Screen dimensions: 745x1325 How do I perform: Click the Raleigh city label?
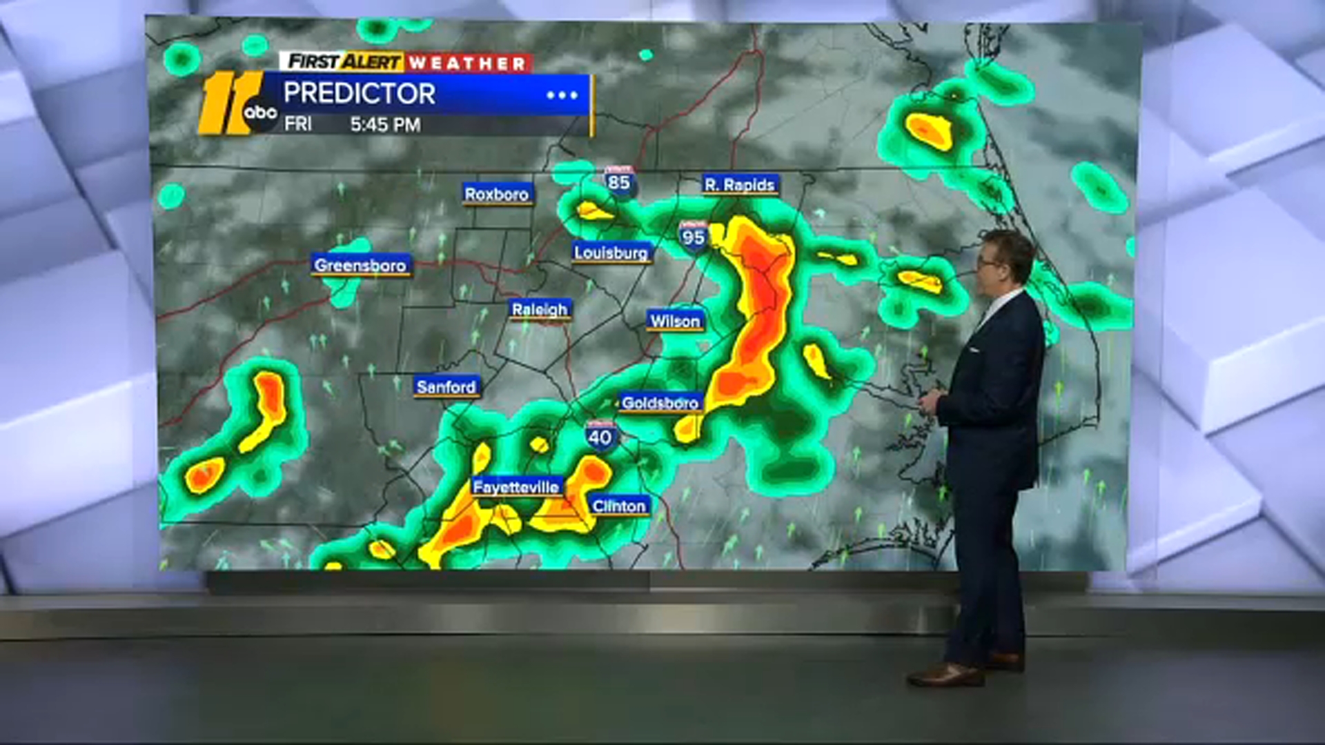click(540, 310)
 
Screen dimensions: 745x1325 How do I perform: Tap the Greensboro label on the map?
click(360, 265)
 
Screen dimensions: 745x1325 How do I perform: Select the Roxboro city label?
click(497, 195)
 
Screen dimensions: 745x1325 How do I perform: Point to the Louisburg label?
click(611, 252)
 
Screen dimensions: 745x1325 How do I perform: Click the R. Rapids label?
click(740, 185)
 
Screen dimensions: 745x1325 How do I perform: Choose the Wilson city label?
click(675, 321)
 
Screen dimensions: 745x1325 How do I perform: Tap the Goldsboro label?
click(660, 402)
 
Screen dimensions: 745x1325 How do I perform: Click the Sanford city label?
click(446, 387)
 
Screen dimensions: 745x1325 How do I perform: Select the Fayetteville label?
click(516, 487)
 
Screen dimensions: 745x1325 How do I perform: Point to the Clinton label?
click(619, 506)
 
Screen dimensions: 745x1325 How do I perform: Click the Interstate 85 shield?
click(619, 181)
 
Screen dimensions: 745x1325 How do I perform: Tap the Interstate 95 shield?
click(693, 237)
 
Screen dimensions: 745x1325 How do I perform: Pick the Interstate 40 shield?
click(600, 436)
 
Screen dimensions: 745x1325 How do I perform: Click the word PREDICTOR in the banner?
click(359, 94)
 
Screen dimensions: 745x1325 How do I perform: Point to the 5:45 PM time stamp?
click(385, 125)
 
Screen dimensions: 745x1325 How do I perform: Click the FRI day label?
click(298, 124)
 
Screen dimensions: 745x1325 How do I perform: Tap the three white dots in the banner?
click(562, 95)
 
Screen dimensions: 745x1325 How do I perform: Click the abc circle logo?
click(261, 112)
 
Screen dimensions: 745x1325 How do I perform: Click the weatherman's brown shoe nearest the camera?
click(945, 675)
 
